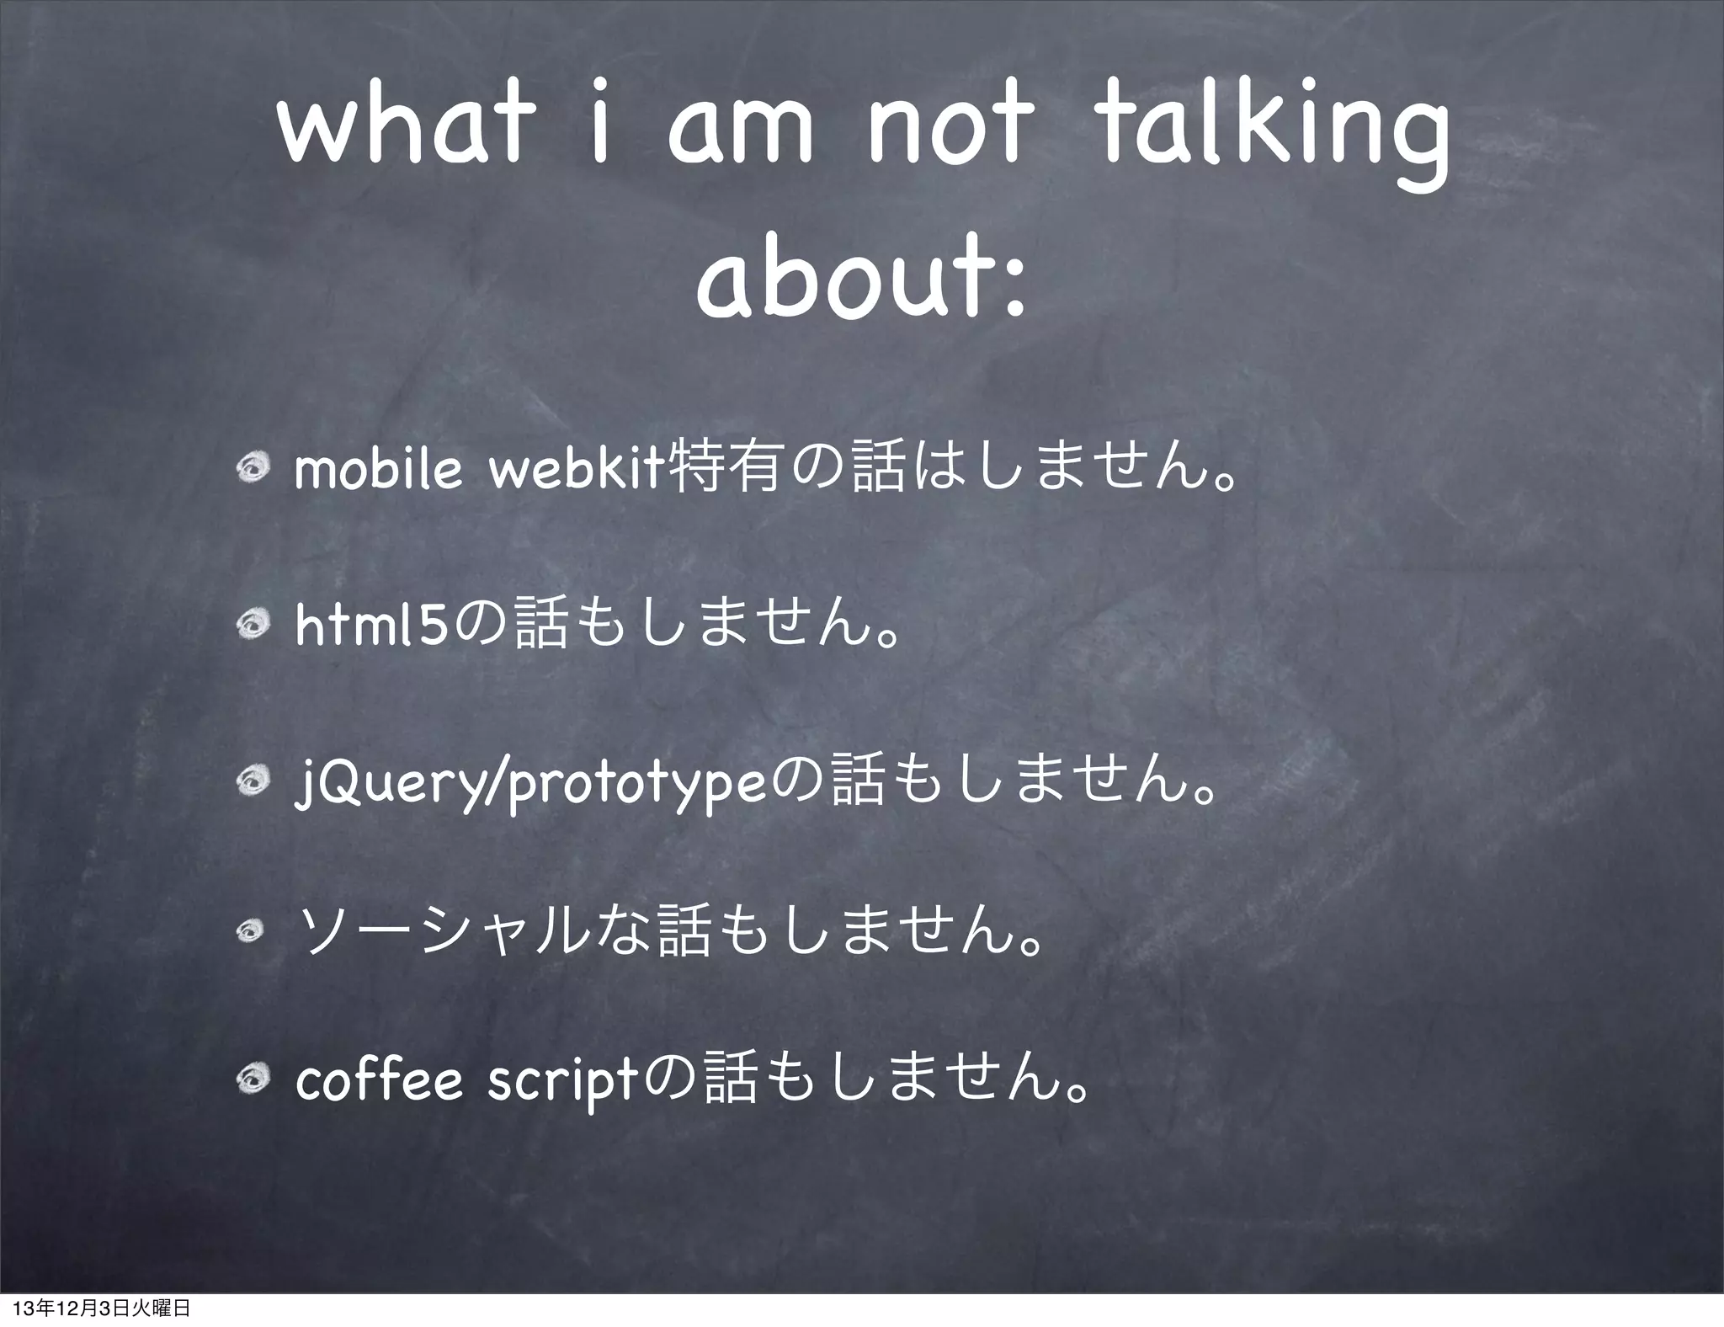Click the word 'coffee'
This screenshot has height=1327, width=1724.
point(379,1083)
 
